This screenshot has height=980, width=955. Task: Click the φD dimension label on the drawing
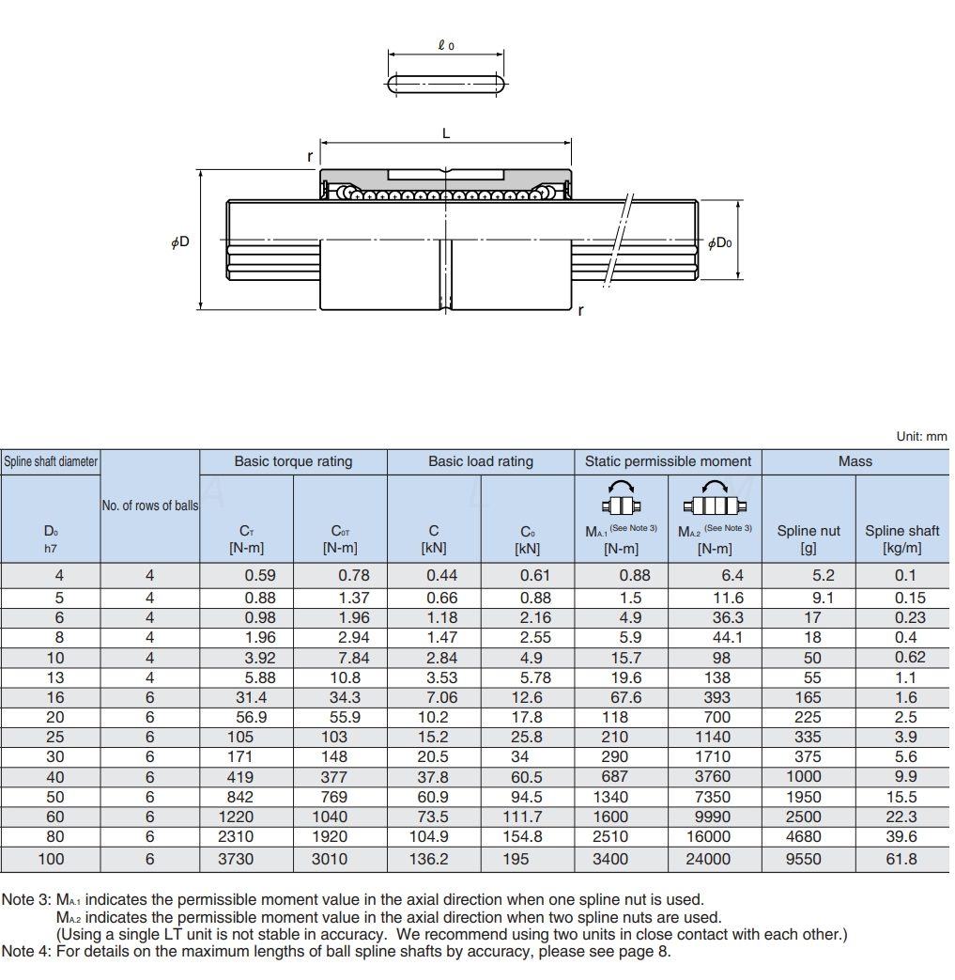click(179, 241)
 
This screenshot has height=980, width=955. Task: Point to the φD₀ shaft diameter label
click(719, 243)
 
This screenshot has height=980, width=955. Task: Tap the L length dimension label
click(446, 133)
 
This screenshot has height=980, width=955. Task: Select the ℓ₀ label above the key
click(446, 45)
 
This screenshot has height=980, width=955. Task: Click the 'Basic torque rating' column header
click(293, 461)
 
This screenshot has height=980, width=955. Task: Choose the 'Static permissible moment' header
click(668, 461)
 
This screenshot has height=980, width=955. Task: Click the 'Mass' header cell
click(855, 461)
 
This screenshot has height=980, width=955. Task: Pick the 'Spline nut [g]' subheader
click(809, 538)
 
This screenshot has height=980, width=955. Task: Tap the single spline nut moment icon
click(621, 499)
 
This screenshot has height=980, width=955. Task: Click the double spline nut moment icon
click(716, 499)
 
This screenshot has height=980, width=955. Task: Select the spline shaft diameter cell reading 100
click(52, 859)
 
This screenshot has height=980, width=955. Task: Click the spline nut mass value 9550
click(803, 859)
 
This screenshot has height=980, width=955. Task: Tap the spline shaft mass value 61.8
click(901, 859)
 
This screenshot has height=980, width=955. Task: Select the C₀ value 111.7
click(523, 817)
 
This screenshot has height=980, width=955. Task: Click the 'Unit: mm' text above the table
click(922, 437)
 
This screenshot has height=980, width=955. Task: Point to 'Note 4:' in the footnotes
click(26, 951)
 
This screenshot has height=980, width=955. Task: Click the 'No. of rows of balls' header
click(149, 506)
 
